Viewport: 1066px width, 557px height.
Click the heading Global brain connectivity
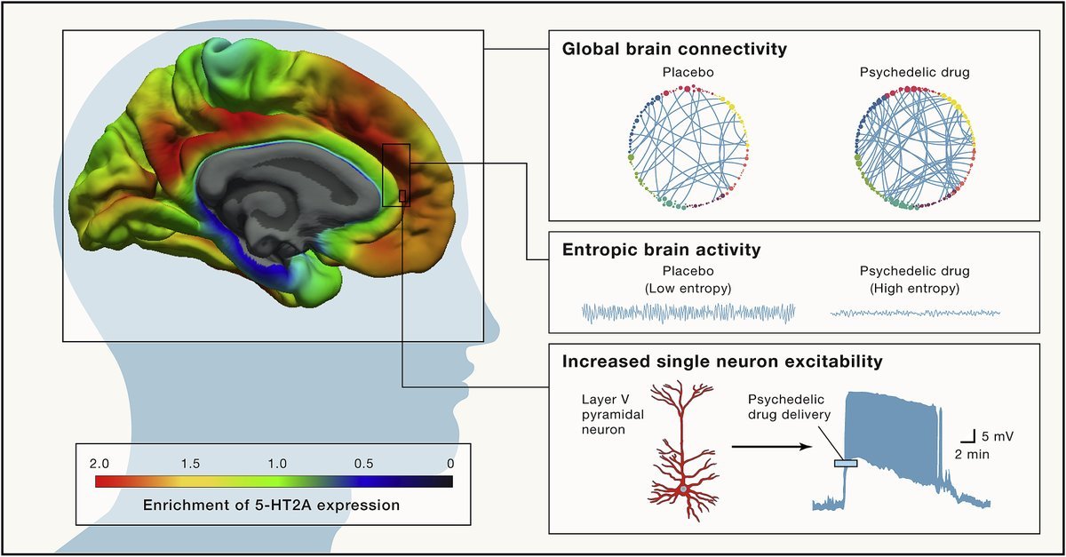tap(674, 49)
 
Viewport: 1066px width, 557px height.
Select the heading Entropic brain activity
tap(661, 250)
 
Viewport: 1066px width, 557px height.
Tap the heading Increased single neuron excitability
tap(721, 362)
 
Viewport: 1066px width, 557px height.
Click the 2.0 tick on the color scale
tap(99, 464)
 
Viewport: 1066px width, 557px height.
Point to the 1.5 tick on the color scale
tap(190, 464)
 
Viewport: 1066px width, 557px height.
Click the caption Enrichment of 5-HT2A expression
tap(271, 505)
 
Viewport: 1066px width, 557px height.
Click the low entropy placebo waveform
tap(688, 312)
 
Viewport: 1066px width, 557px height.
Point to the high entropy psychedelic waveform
tap(915, 313)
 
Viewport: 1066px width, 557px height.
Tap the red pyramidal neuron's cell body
tap(683, 489)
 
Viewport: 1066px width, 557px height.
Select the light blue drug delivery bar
tap(845, 462)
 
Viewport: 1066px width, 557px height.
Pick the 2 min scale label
tap(972, 453)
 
